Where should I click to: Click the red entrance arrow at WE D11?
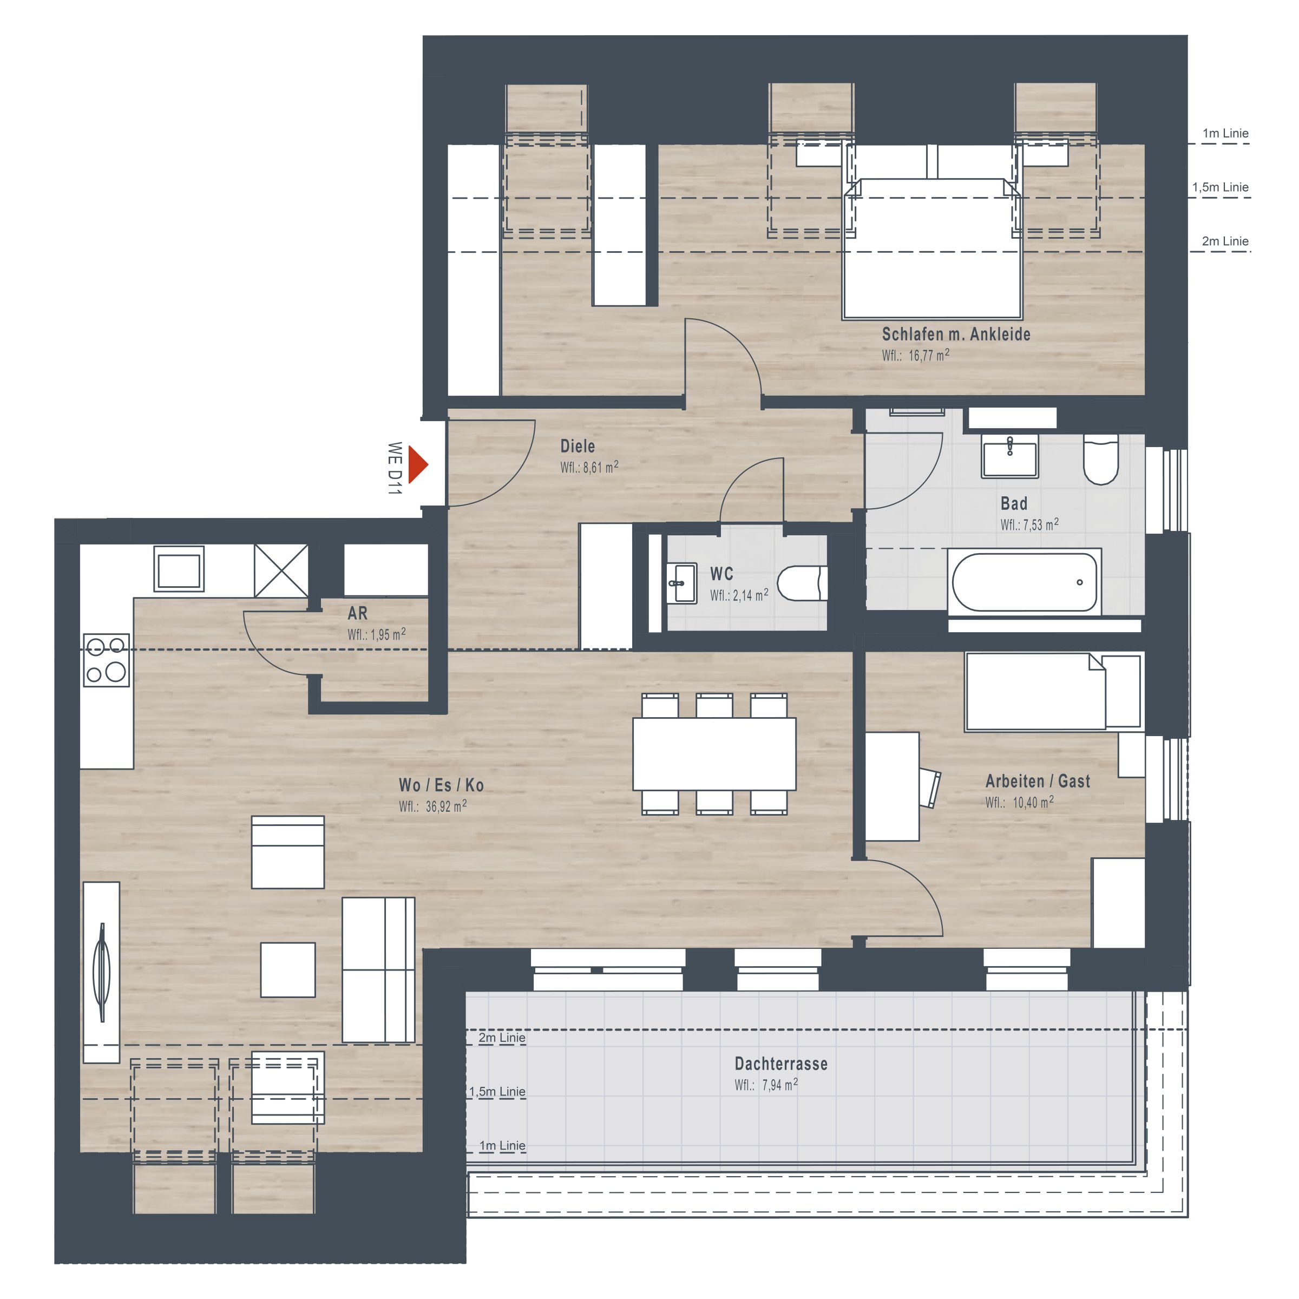click(417, 464)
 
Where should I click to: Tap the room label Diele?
click(578, 447)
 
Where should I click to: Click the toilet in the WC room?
click(802, 583)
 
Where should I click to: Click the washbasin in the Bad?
click(1010, 456)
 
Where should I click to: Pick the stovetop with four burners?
click(106, 660)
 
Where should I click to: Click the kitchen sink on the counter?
click(179, 569)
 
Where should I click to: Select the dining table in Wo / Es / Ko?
click(714, 754)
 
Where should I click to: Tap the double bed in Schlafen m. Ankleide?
click(933, 247)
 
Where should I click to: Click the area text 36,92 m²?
click(446, 806)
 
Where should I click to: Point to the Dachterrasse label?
click(780, 1064)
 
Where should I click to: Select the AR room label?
click(358, 613)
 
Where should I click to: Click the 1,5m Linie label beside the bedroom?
click(1221, 188)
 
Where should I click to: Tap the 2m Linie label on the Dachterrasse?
click(502, 1038)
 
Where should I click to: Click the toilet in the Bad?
click(1101, 459)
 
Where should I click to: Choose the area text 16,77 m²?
click(929, 355)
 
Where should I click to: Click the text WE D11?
click(395, 468)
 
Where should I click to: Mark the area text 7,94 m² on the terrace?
click(780, 1085)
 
